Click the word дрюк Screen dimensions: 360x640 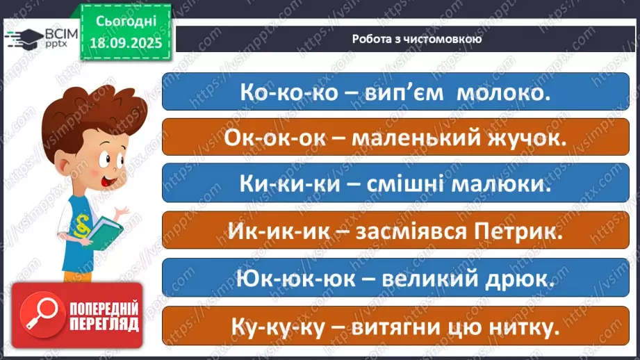point(516,279)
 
